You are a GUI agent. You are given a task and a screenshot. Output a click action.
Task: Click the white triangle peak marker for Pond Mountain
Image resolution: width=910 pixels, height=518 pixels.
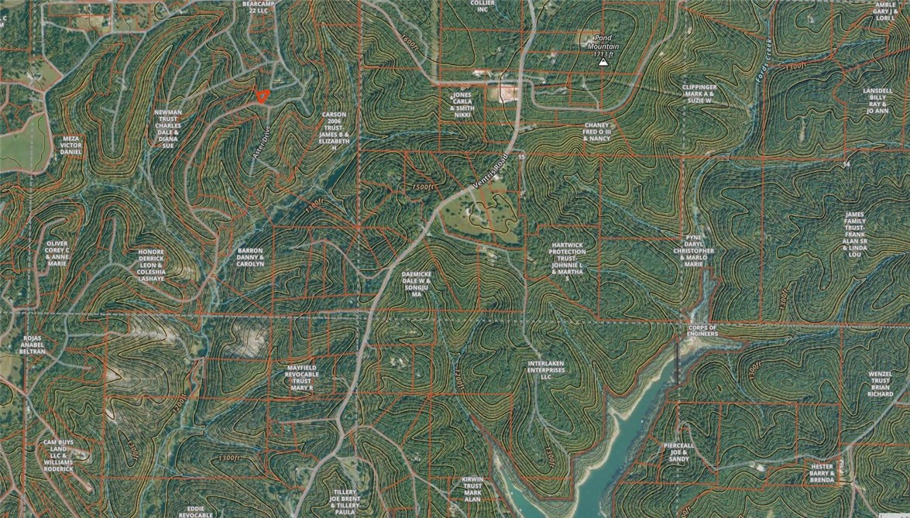click(x=603, y=63)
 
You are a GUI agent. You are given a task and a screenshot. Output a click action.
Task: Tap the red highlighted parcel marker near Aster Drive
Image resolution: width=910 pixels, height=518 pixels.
click(x=263, y=96)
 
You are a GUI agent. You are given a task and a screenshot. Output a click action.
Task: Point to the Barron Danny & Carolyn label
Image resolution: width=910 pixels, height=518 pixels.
click(x=250, y=257)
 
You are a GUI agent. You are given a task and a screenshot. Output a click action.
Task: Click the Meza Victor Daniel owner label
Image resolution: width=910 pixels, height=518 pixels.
click(x=71, y=146)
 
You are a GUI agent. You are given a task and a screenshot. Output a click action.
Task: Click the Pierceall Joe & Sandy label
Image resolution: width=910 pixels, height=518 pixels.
click(x=678, y=452)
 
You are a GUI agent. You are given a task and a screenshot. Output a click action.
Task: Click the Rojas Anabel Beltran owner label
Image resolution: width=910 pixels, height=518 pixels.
click(x=33, y=345)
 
